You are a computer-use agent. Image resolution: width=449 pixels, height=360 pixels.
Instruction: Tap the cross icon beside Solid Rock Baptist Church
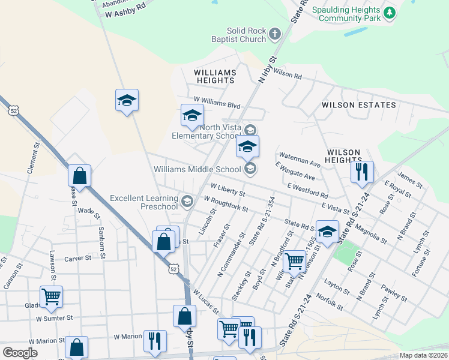[x=275, y=34]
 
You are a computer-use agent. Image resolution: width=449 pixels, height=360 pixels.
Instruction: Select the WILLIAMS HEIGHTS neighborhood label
[x=215, y=76]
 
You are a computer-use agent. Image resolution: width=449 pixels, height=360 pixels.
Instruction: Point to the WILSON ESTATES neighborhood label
[x=359, y=105]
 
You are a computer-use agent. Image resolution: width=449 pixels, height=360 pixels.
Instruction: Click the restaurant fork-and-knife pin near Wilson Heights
[x=362, y=172]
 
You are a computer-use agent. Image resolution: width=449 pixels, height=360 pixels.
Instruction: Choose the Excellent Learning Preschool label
[x=144, y=202]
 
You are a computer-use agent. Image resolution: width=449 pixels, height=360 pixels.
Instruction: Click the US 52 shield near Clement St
[x=14, y=110]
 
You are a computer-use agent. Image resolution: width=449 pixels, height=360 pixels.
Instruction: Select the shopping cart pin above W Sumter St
[x=51, y=296]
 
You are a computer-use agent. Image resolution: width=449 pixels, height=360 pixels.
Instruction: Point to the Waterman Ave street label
[x=300, y=163]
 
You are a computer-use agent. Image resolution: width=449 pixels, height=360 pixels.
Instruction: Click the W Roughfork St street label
[x=226, y=203]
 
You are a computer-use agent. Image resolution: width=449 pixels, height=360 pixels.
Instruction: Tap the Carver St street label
[x=78, y=258]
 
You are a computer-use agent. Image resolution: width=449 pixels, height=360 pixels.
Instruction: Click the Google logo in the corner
[x=20, y=353]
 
